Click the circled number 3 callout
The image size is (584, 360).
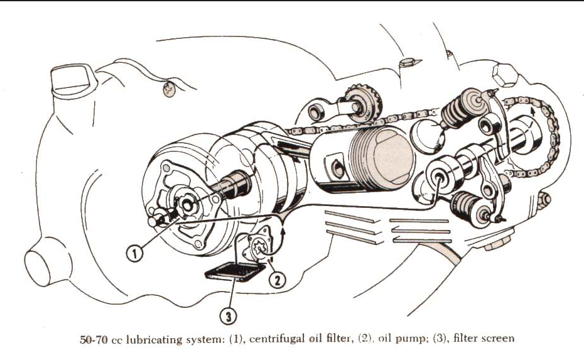click(x=231, y=312)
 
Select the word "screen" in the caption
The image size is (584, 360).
click(x=499, y=339)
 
